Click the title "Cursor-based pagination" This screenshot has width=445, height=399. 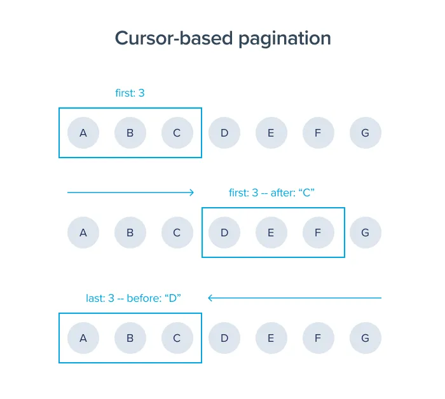coord(222,38)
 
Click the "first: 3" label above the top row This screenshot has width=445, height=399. coord(130,93)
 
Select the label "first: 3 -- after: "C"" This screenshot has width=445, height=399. coord(272,193)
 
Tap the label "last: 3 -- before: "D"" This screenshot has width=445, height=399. coord(134,297)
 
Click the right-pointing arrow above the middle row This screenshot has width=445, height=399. coord(130,192)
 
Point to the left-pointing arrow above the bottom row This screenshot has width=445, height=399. coord(294,297)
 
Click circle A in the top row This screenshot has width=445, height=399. coord(83,133)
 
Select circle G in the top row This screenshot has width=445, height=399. coord(366,133)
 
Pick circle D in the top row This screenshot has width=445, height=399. coord(224,133)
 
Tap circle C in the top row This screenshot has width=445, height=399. coord(177,133)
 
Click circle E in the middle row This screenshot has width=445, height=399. coord(271,233)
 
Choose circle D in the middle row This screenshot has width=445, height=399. coord(224,233)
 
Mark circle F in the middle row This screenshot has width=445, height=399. coord(318,233)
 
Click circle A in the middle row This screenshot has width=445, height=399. coord(83,233)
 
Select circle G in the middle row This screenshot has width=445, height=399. coord(366,233)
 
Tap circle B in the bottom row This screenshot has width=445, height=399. coord(130,338)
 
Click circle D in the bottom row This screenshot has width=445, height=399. coord(224,338)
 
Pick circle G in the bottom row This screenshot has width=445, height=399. coord(366,338)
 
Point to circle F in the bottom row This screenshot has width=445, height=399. coord(318,338)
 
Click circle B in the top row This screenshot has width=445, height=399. coord(130,133)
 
